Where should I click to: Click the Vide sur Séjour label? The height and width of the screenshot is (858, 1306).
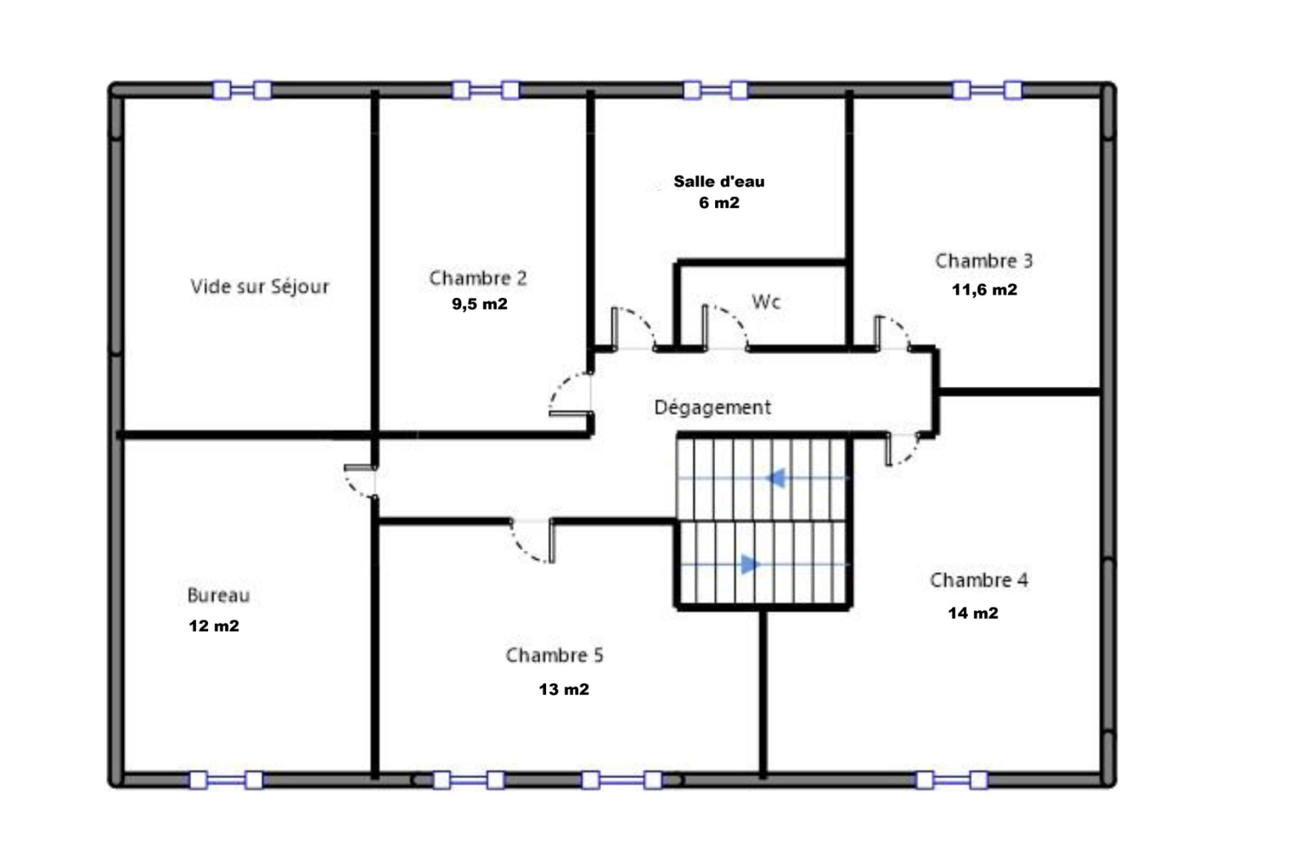(x=260, y=287)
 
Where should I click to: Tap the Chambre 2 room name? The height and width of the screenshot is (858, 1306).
(x=478, y=278)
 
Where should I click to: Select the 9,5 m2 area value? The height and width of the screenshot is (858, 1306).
(x=480, y=304)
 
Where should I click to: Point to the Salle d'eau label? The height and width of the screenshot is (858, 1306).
(x=719, y=181)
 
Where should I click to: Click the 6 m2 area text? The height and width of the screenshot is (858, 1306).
(x=719, y=203)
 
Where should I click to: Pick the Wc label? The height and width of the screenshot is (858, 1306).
(x=766, y=301)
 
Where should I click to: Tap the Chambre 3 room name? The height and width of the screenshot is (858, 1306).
(x=984, y=260)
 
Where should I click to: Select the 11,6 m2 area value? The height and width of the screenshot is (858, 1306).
(x=984, y=289)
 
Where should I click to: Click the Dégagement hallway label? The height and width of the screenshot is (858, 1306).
(x=713, y=407)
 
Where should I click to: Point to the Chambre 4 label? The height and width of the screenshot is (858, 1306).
(x=979, y=580)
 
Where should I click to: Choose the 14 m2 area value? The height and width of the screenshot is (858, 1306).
(x=973, y=613)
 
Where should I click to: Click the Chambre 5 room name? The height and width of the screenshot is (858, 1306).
(x=554, y=655)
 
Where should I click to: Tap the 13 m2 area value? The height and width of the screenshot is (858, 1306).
(x=564, y=690)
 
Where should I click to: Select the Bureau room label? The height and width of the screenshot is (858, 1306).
(x=219, y=595)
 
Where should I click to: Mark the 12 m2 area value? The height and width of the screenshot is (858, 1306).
(x=214, y=626)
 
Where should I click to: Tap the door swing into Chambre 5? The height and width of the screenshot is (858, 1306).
(x=533, y=541)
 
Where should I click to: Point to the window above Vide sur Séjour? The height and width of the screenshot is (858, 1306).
(x=242, y=90)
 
